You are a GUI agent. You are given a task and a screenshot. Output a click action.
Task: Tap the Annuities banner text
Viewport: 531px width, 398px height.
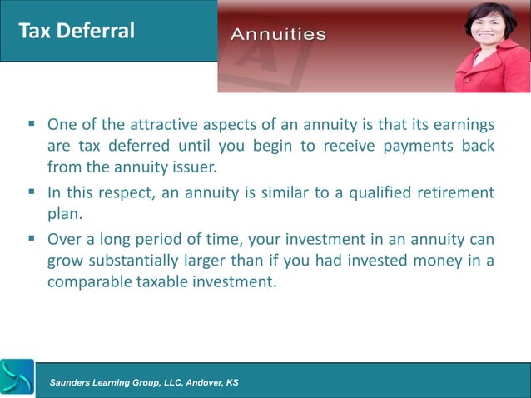click(x=278, y=35)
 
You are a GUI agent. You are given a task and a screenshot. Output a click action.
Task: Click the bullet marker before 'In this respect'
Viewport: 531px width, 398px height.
click(x=31, y=193)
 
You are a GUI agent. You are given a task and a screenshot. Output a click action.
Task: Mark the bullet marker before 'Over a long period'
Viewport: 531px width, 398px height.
click(x=31, y=241)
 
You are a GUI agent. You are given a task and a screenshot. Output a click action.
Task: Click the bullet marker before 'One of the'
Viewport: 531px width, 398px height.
click(x=31, y=126)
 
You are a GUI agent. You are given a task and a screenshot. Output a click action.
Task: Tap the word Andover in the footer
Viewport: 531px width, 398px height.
click(x=197, y=382)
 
